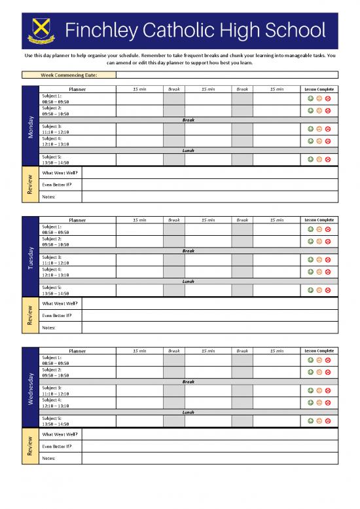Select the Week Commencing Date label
(x=69, y=75)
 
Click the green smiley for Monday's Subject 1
(x=310, y=99)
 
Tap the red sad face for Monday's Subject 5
(x=327, y=159)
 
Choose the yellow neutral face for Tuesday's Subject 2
(x=319, y=241)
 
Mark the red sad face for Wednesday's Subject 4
(x=327, y=403)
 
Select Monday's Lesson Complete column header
(x=318, y=89)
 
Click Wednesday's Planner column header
(x=77, y=351)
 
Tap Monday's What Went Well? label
(x=60, y=172)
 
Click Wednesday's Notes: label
(x=48, y=458)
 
